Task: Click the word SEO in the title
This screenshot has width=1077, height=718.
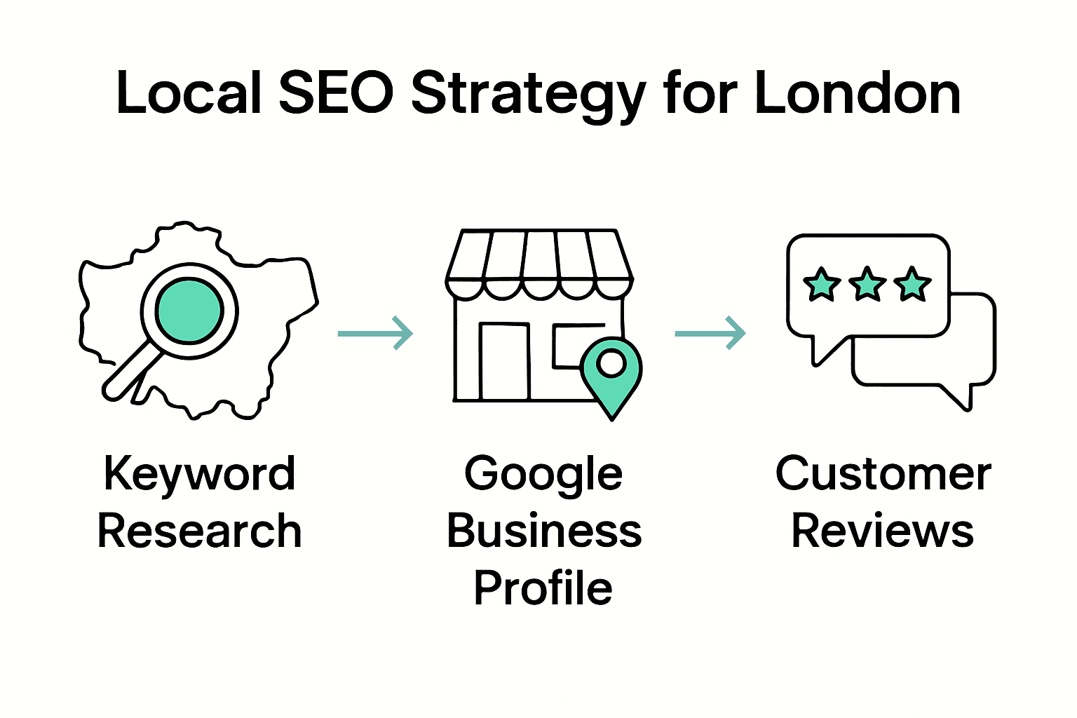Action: [x=336, y=93]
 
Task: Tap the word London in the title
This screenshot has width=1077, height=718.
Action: [x=857, y=93]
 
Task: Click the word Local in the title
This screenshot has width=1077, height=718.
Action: [x=188, y=93]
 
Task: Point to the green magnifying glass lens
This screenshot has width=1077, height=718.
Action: [x=189, y=310]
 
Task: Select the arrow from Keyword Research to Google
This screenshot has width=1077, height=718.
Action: [x=375, y=333]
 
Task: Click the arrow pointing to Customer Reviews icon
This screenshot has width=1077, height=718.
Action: [x=710, y=333]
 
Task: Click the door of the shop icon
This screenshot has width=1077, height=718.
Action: [x=504, y=361]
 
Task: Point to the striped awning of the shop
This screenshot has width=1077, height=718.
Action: [x=539, y=263]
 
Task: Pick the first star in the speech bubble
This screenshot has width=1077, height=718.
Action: [x=821, y=285]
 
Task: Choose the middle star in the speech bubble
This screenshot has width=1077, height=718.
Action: [x=867, y=285]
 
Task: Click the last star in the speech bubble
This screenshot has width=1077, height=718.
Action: [x=912, y=285]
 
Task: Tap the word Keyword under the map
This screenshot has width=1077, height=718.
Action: [x=199, y=475]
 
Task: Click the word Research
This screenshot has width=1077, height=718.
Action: [x=199, y=531]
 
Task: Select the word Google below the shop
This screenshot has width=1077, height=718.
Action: [x=543, y=475]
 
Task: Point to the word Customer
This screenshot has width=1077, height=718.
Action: [x=883, y=475]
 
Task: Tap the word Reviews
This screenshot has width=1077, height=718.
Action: [x=882, y=531]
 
